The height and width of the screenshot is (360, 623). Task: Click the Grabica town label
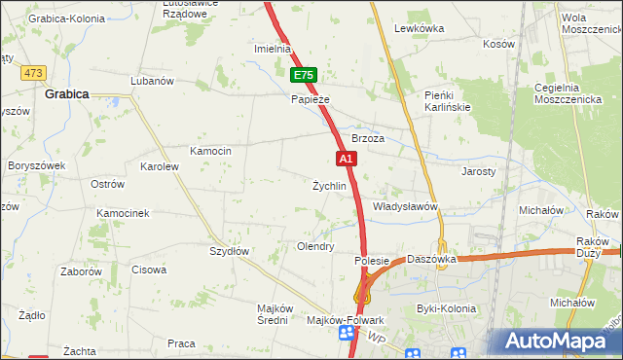click(x=67, y=94)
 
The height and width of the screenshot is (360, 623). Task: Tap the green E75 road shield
click(x=305, y=75)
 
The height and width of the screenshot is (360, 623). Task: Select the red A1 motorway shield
click(x=346, y=158)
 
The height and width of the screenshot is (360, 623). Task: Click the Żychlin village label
click(x=329, y=186)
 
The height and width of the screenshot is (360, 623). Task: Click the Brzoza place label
click(x=369, y=139)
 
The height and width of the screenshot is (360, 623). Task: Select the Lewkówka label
click(x=420, y=28)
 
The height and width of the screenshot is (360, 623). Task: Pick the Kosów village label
click(x=498, y=44)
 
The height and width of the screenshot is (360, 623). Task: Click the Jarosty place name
click(x=478, y=170)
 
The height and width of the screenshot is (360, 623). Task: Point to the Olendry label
click(x=315, y=247)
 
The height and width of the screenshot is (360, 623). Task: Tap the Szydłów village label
click(x=230, y=251)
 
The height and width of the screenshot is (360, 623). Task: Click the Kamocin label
click(x=210, y=151)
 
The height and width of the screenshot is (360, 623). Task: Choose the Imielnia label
click(x=273, y=49)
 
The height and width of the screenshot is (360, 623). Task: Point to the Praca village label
click(x=181, y=343)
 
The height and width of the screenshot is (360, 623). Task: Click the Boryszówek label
click(x=36, y=165)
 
